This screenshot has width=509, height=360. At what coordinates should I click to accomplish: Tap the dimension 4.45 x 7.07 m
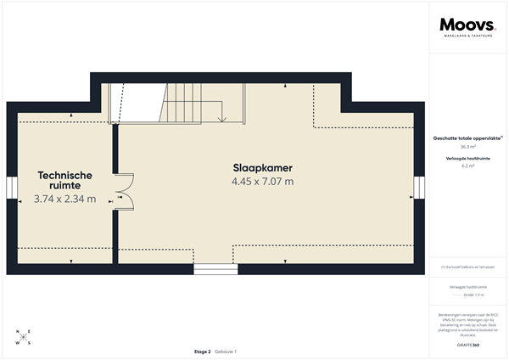[262, 181]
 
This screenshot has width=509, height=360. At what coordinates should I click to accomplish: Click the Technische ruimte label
[64, 180]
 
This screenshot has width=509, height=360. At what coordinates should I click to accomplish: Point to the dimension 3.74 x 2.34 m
[64, 200]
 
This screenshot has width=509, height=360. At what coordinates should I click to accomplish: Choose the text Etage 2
[202, 351]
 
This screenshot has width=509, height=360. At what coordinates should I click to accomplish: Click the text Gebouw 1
[226, 351]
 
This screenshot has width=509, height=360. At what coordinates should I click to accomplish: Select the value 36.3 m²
[467, 147]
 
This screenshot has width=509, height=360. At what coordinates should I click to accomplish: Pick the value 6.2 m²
[467, 166]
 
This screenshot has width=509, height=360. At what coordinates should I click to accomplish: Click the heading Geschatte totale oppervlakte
[467, 138]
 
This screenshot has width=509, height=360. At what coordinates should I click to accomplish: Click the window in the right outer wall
[418, 188]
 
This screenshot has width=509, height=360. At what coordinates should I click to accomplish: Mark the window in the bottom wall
[215, 269]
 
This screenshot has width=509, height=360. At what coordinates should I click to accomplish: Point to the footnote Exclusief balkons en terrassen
[467, 267]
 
